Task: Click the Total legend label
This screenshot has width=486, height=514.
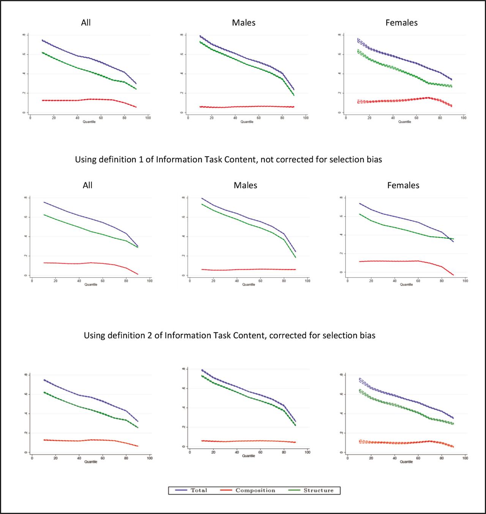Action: click(x=199, y=490)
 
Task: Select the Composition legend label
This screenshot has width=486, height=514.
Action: click(x=255, y=490)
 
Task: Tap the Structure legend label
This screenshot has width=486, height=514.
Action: click(x=318, y=490)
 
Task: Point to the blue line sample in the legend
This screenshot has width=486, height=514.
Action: click(x=181, y=490)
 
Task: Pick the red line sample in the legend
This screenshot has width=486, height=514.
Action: click(x=226, y=490)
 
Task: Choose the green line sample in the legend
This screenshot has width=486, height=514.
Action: click(x=294, y=490)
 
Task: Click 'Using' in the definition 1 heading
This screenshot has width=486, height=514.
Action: click(x=86, y=159)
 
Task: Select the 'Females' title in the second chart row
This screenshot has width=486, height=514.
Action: click(x=403, y=185)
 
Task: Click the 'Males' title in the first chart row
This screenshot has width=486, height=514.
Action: click(x=244, y=23)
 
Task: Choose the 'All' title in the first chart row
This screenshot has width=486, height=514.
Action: click(x=86, y=23)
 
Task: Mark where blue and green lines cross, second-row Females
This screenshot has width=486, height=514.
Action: click(x=450, y=239)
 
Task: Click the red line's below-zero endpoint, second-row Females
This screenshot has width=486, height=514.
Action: click(x=453, y=275)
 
